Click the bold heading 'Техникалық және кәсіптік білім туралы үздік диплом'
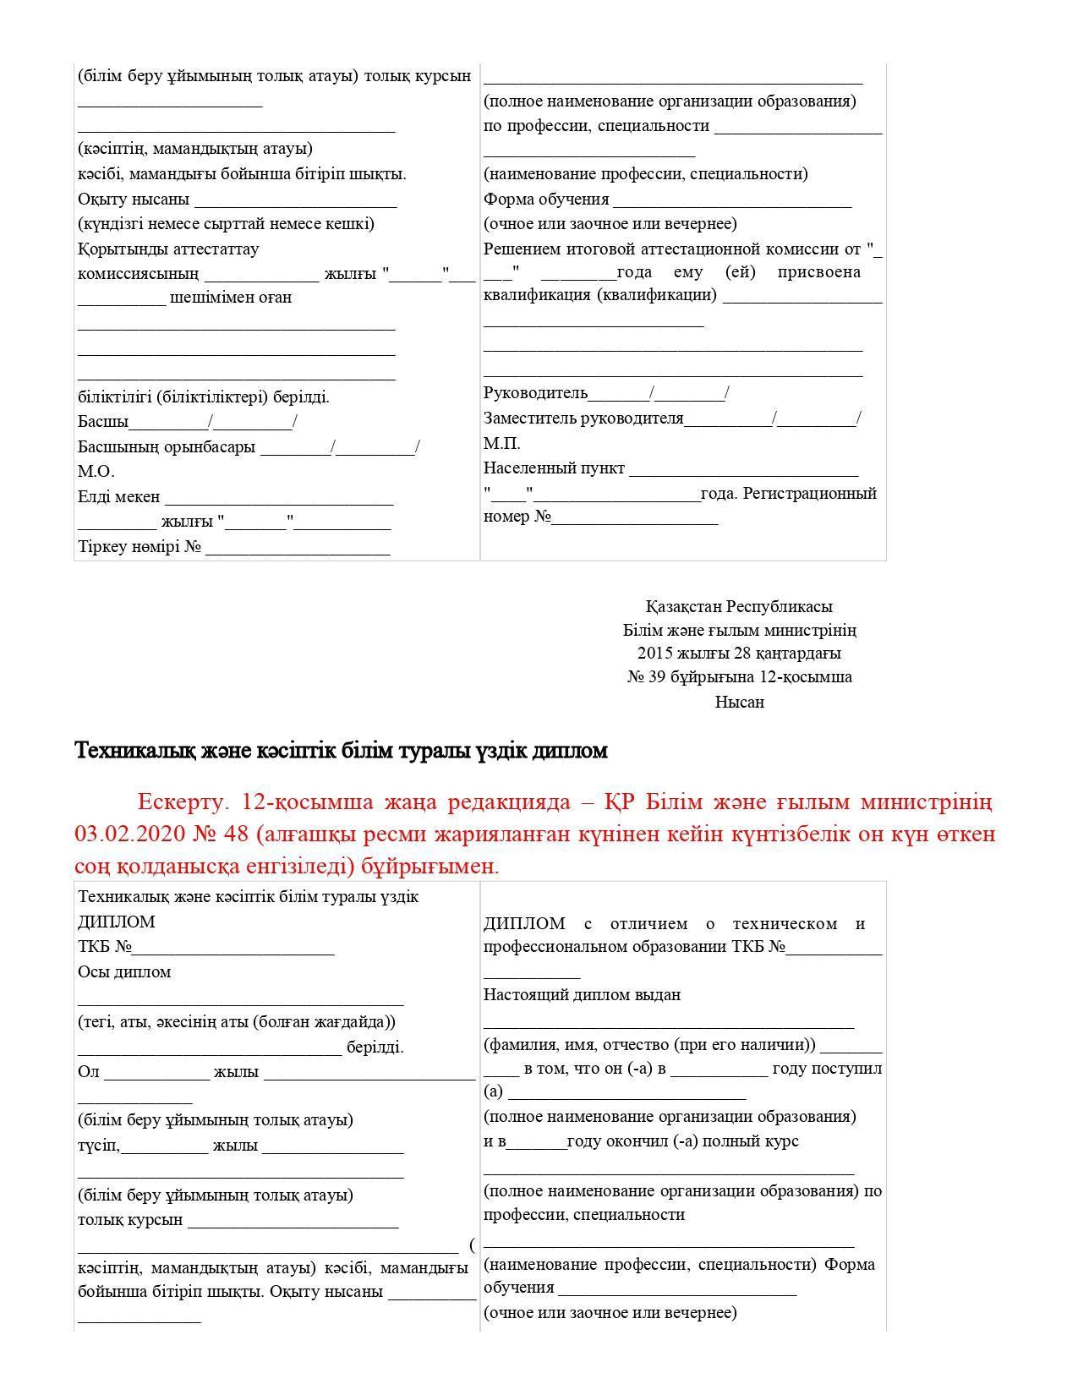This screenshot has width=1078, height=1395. (x=342, y=751)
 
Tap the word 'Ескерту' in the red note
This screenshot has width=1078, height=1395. (x=183, y=801)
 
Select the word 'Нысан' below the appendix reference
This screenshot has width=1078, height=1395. (x=739, y=702)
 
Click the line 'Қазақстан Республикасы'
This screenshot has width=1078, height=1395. (x=739, y=606)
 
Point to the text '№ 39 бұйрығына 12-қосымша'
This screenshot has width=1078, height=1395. (x=739, y=677)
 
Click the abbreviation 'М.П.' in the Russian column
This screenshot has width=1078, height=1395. (x=501, y=444)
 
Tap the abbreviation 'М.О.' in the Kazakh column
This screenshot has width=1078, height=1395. (x=96, y=472)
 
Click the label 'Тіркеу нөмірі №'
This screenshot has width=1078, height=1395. (x=140, y=547)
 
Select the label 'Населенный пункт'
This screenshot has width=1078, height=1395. (x=554, y=468)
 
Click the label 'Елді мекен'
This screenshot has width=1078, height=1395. (x=118, y=497)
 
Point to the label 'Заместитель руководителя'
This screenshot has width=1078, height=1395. (x=583, y=418)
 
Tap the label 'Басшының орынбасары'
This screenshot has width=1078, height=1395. (x=167, y=447)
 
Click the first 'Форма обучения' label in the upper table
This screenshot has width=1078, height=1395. (x=546, y=200)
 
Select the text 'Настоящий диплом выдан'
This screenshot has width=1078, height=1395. (x=582, y=995)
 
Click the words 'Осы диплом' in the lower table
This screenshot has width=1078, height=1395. (x=124, y=972)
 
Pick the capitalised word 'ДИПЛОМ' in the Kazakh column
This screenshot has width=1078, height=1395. (x=116, y=922)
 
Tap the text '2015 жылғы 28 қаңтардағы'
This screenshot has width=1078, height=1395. (x=739, y=654)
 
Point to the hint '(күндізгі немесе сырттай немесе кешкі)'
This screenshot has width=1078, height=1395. (x=226, y=224)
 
